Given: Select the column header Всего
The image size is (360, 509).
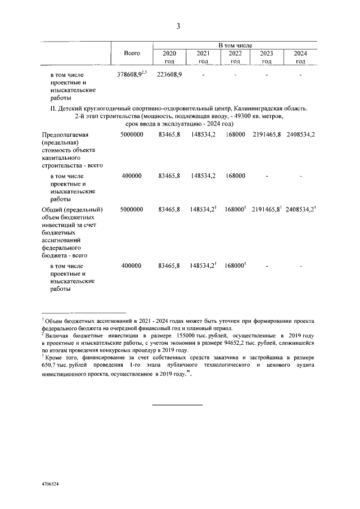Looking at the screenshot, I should (x=132, y=52).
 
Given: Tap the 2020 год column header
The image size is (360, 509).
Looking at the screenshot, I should (x=169, y=57).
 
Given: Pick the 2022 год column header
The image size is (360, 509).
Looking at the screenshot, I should (x=235, y=57).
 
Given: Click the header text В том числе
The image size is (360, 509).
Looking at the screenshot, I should (x=235, y=44).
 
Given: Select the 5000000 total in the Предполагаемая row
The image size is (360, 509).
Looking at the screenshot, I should (x=132, y=136).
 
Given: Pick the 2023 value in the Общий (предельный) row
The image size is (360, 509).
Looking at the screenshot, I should (x=266, y=210).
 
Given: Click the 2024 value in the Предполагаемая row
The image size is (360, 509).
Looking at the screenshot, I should (x=300, y=136).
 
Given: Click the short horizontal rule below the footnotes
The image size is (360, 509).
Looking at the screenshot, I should (x=178, y=405).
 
